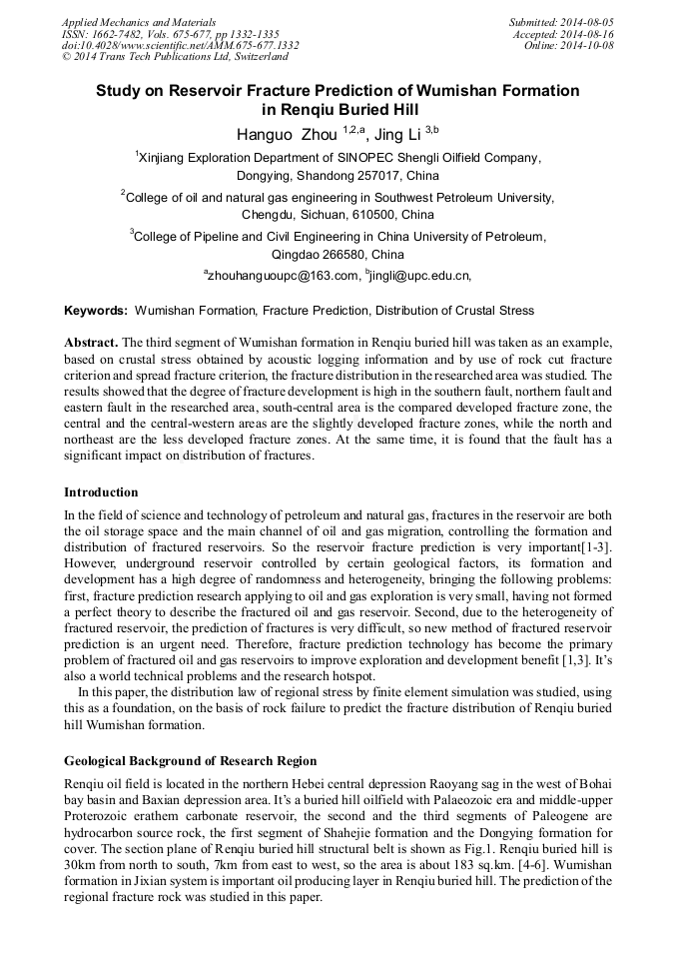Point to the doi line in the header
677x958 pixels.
click(x=180, y=46)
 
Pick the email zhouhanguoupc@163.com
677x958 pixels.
click(x=283, y=275)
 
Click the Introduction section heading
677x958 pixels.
click(x=101, y=492)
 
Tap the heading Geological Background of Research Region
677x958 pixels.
click(x=191, y=761)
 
